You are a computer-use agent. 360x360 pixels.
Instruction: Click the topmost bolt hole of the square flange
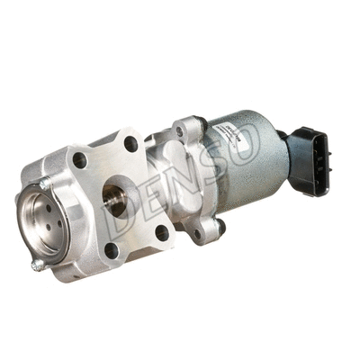pos(131,143)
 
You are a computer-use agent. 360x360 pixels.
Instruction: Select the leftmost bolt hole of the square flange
pos(79,162)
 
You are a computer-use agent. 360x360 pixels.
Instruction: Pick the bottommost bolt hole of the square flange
pos(112,249)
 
